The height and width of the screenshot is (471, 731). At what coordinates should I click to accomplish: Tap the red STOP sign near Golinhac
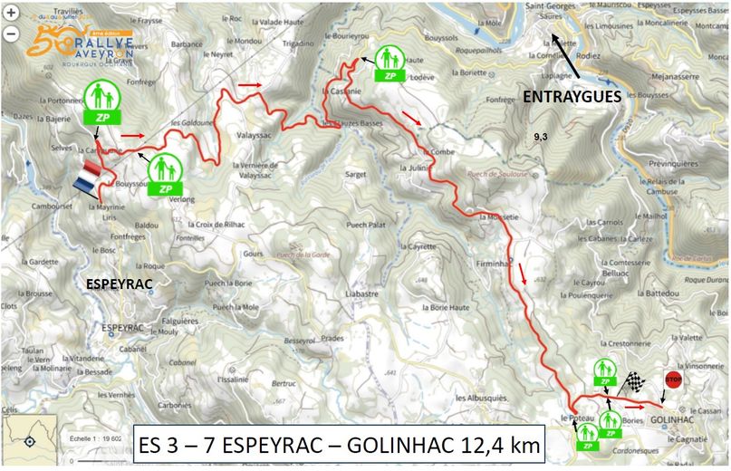[672, 380]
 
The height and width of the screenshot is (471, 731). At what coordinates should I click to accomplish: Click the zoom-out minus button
[10, 34]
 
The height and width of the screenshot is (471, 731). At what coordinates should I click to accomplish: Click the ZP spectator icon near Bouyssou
[165, 175]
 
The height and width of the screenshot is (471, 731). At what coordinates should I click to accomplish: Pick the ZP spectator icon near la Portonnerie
[101, 101]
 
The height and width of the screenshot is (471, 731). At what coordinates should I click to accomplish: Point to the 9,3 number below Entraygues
[542, 137]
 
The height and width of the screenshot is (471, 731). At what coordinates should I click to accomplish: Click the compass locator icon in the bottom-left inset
[30, 441]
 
